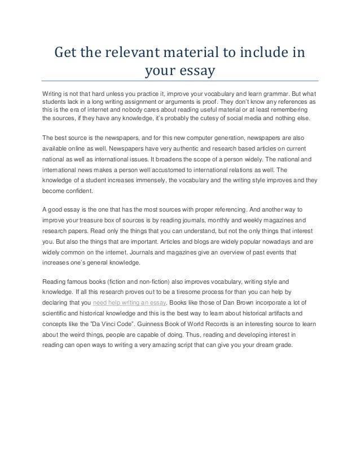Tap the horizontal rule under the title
pos(181,81)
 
